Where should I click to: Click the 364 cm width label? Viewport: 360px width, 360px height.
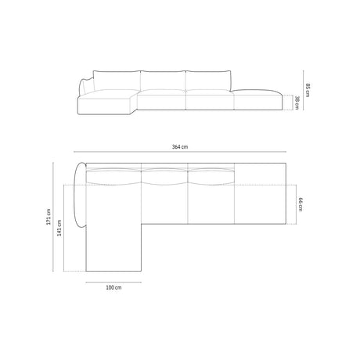179,147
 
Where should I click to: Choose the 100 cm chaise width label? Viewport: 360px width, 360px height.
113,287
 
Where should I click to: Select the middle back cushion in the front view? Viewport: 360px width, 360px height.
162,78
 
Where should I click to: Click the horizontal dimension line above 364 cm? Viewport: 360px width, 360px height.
179,153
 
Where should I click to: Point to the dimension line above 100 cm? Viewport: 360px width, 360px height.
113,280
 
